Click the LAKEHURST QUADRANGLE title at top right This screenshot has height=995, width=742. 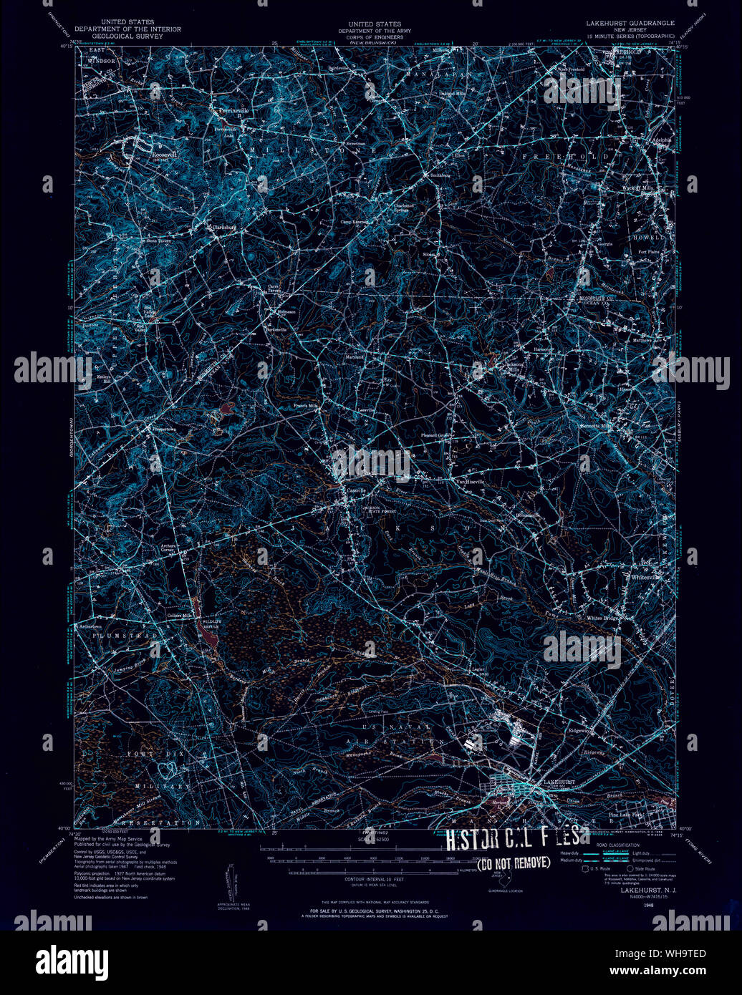630,23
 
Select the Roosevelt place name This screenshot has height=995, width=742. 164,152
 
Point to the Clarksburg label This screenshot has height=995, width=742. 224,228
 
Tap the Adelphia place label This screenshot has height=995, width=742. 659,140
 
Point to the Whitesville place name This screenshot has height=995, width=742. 647,576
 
